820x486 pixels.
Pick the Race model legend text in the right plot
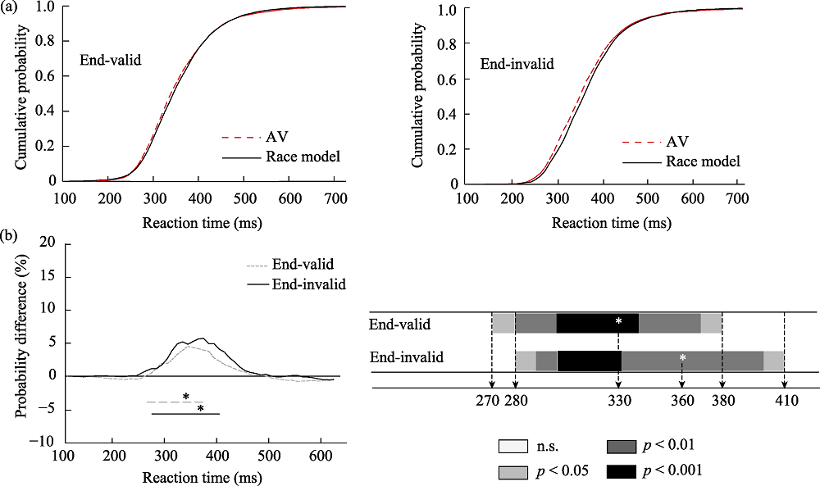click(x=703, y=161)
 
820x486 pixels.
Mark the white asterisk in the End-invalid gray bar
click(x=682, y=358)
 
